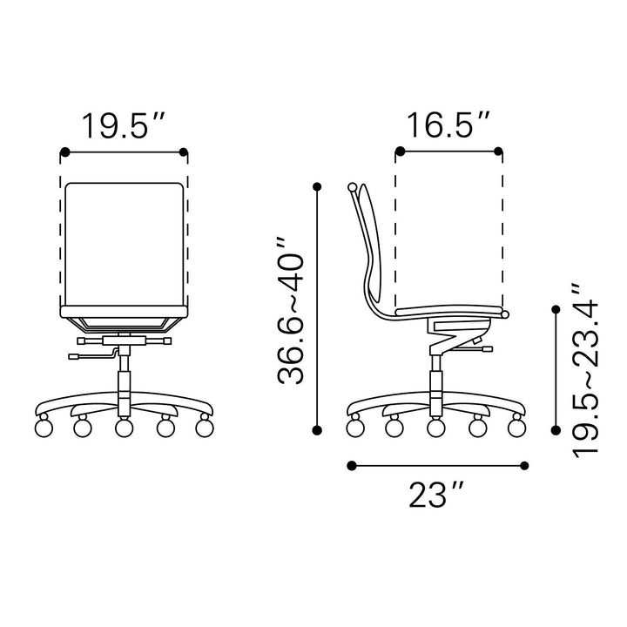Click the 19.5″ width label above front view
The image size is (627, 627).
pyautogui.click(x=123, y=126)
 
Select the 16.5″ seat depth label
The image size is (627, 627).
pyautogui.click(x=448, y=125)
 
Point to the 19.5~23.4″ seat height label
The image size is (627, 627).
pyautogui.click(x=586, y=371)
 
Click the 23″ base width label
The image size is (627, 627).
pyautogui.click(x=436, y=495)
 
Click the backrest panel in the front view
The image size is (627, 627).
pyautogui.click(x=125, y=245)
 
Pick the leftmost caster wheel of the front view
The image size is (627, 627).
pyautogui.click(x=44, y=427)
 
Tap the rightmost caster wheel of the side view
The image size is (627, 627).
pyautogui.click(x=516, y=427)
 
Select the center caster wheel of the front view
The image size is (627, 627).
pyautogui.click(x=124, y=427)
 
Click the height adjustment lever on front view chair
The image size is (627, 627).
pyautogui.click(x=93, y=355)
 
